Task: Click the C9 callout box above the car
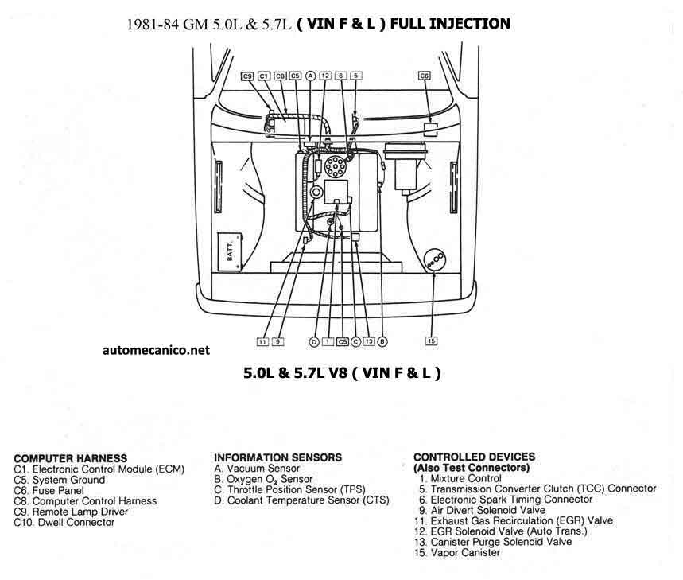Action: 247,76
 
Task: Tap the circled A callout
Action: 310,76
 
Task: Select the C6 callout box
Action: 424,76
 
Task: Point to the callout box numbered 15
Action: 431,341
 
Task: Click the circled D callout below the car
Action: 313,342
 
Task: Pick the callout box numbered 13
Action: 369,341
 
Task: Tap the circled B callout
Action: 382,341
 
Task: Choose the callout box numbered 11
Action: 262,341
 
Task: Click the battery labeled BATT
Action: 230,252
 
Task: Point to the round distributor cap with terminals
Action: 336,166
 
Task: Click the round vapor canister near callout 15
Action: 435,261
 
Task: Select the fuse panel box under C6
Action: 431,130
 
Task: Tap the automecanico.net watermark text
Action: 156,350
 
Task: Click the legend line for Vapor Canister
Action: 457,552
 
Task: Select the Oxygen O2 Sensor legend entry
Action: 263,479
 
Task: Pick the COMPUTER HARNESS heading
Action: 71,458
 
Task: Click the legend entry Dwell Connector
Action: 64,522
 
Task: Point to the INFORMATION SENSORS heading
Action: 277,457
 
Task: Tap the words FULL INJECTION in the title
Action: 450,24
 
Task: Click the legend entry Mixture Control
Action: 460,478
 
